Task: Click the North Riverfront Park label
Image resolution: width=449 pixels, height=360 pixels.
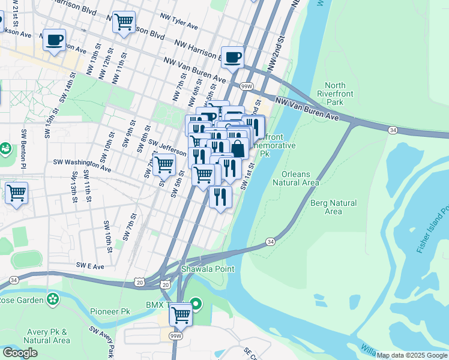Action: tap(343, 94)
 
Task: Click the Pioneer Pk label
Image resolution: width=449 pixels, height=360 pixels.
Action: tap(110, 312)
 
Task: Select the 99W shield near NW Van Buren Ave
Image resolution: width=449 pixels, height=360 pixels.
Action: tap(246, 86)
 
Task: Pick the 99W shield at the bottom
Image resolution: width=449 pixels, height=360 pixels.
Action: tap(176, 337)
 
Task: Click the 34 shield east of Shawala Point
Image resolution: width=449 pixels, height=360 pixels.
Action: tap(271, 241)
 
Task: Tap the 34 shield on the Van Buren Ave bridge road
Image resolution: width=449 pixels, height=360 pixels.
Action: tap(392, 130)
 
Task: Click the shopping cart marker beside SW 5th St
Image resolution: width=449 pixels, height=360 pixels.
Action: tap(164, 164)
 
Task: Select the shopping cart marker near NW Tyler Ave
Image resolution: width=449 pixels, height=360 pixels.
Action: tap(124, 22)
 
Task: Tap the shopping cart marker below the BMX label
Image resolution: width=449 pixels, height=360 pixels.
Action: tap(181, 314)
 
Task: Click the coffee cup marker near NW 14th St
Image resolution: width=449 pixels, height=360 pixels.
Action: tap(54, 40)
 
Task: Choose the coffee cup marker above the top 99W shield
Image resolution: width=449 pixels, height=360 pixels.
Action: tap(232, 58)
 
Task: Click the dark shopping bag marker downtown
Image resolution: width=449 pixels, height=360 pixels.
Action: tap(238, 149)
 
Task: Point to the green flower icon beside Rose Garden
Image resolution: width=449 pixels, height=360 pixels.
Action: tap(53, 298)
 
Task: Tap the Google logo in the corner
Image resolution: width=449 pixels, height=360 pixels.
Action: tap(20, 353)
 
